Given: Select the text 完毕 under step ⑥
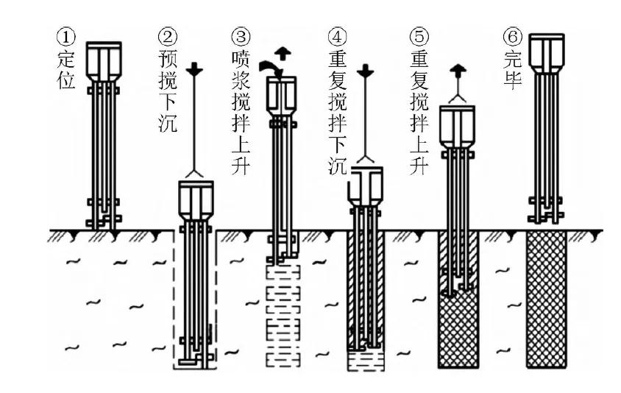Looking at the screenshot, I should coord(511,66).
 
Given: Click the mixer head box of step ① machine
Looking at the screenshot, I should coord(104,59).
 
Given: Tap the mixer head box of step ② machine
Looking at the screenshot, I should coord(196,199).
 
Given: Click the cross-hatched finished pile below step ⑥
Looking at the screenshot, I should coord(547,298).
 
